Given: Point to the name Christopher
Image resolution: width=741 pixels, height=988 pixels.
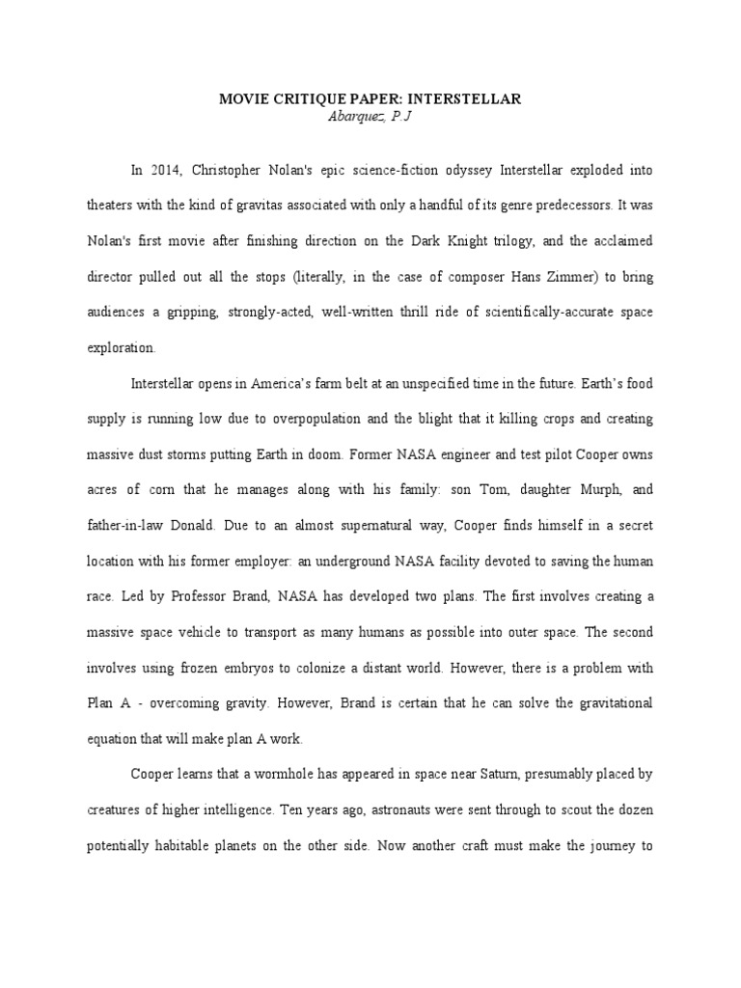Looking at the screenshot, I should [x=237, y=170].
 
